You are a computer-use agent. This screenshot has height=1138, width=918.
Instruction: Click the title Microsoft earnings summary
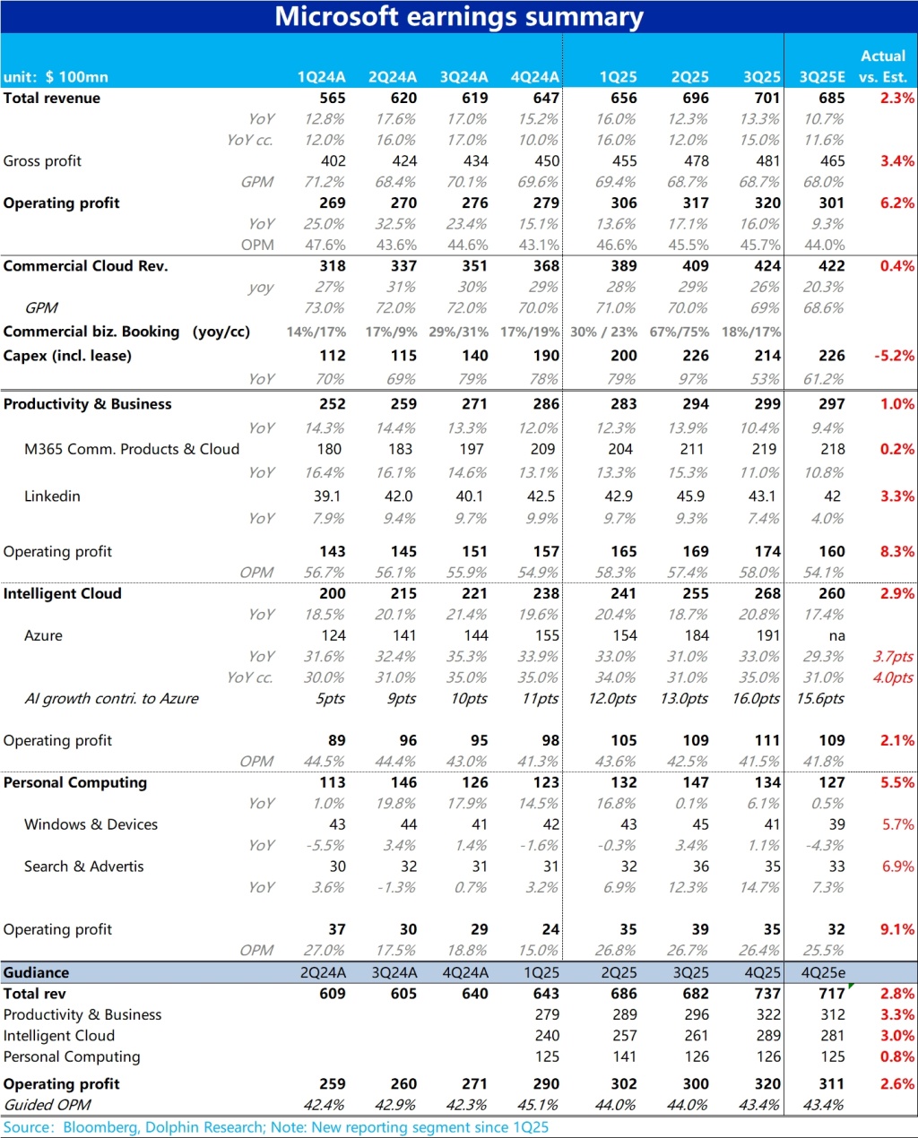click(458, 17)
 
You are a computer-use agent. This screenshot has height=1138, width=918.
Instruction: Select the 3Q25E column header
click(822, 77)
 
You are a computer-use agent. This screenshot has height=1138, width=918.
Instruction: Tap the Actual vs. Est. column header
click(883, 66)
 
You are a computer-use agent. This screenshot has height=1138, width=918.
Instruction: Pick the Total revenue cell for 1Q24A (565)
click(333, 99)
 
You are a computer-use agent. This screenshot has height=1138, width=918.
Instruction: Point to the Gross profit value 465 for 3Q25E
click(832, 161)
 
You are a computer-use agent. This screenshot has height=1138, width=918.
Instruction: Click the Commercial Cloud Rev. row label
click(85, 266)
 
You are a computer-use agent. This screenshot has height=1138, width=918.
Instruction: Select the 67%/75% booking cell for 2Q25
click(680, 332)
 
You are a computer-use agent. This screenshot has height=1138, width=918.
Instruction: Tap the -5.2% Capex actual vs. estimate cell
click(895, 356)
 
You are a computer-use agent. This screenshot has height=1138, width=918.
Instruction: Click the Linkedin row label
click(52, 496)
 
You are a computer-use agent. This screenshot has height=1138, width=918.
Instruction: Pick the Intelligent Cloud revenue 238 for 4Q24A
click(545, 594)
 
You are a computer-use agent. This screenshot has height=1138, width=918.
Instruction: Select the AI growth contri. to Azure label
click(111, 699)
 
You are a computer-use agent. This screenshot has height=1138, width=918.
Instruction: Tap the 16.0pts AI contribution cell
click(756, 699)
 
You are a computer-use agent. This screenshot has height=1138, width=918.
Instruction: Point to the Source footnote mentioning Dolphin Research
click(275, 1127)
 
